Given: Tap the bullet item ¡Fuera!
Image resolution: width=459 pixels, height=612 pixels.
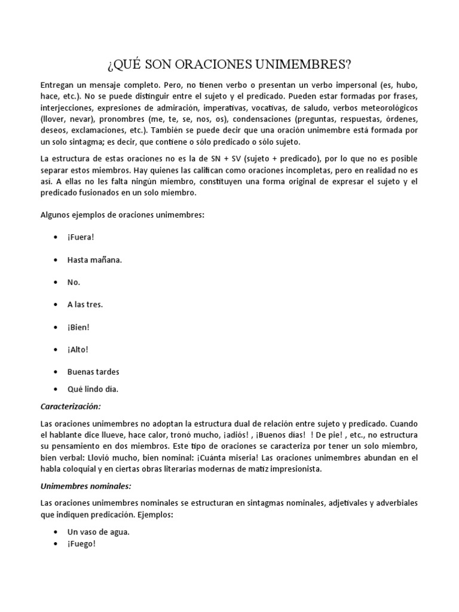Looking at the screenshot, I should (x=81, y=237).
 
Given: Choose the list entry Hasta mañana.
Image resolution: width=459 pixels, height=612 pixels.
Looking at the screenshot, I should (x=94, y=259).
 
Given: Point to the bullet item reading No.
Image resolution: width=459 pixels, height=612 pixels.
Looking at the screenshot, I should (x=74, y=282).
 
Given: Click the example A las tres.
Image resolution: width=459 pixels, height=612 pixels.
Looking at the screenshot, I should (x=85, y=304).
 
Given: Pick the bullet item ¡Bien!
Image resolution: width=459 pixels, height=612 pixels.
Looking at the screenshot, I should (x=79, y=327).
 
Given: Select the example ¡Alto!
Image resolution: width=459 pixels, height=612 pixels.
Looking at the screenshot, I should (x=78, y=350).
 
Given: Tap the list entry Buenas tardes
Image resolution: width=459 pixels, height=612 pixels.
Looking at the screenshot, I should (x=93, y=372).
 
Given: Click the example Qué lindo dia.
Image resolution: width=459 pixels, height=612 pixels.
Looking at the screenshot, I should (x=93, y=389).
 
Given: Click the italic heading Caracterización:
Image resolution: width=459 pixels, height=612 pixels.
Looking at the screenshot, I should (x=71, y=406).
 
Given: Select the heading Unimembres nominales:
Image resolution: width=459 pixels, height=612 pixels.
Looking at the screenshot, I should (x=85, y=486).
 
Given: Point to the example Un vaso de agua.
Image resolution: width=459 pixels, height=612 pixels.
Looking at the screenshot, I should (x=98, y=532).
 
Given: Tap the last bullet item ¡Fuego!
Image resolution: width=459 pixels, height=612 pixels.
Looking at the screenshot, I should (x=81, y=544).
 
